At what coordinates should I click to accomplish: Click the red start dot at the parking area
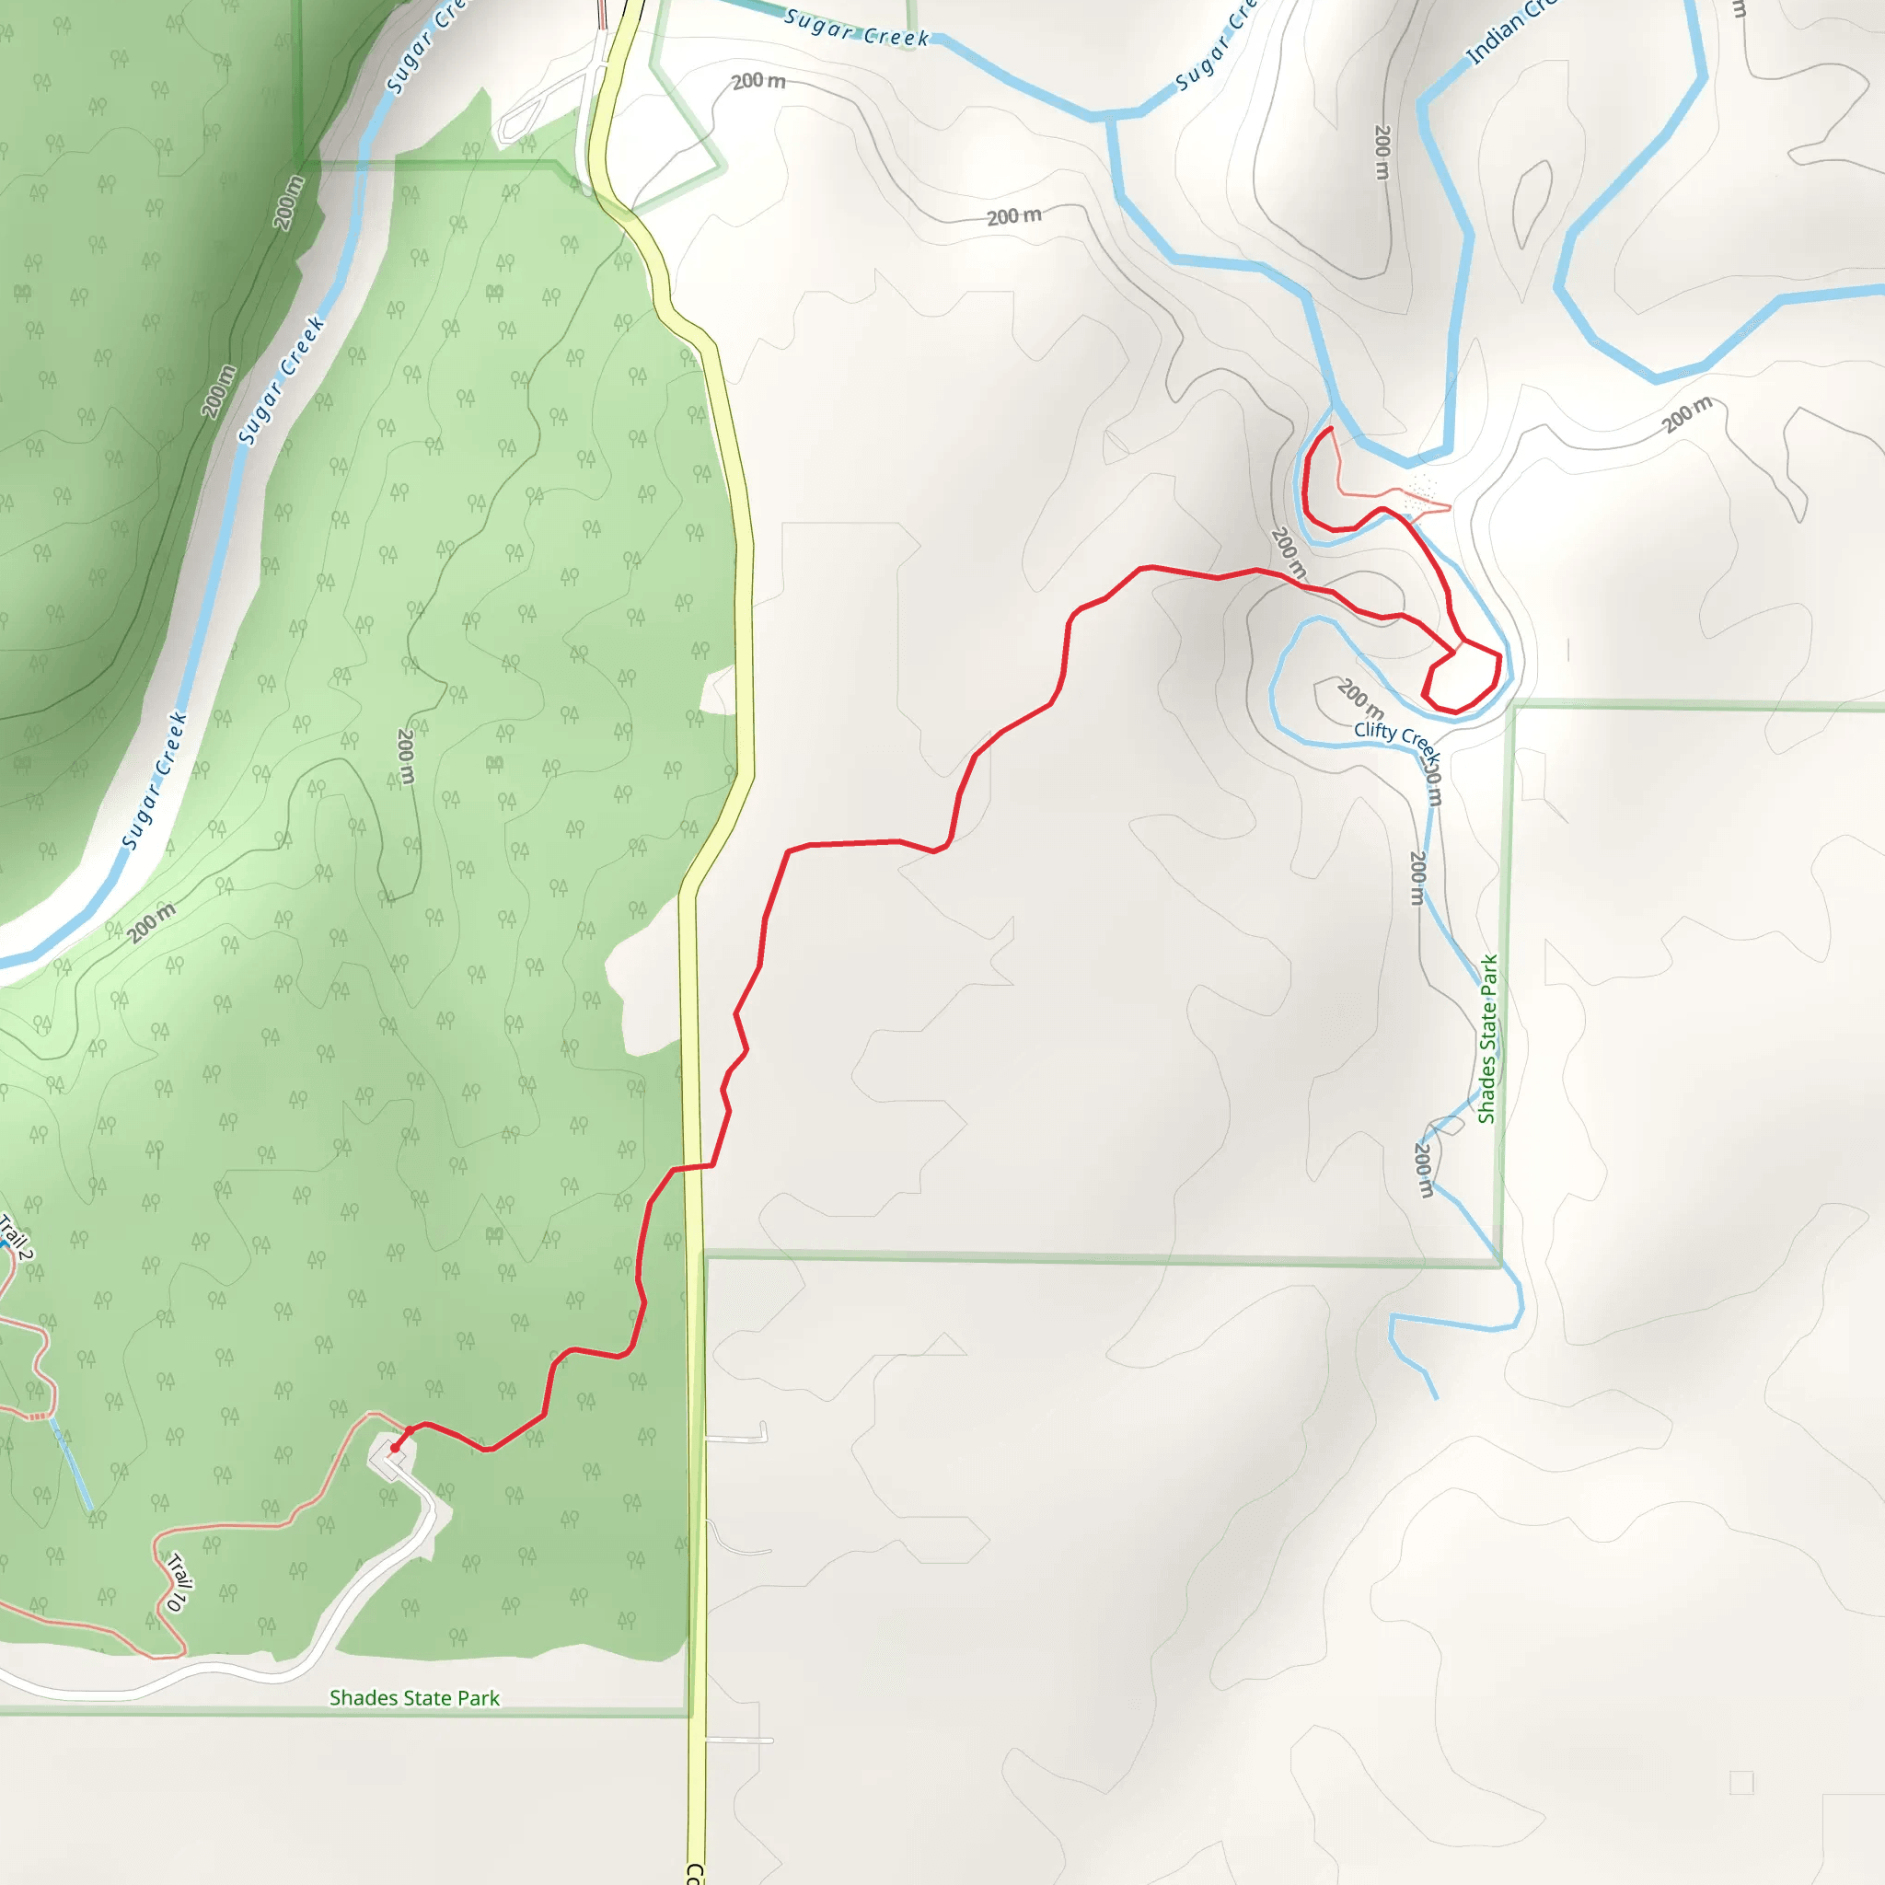coord(394,1448)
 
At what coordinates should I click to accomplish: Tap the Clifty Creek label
coord(1396,737)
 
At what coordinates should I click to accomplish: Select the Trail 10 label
coord(176,1581)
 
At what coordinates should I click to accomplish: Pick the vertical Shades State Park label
coord(1487,1039)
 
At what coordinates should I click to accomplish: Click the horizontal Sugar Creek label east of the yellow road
coord(857,29)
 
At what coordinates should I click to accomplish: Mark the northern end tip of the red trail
coord(1331,428)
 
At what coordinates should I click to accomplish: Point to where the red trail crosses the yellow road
coord(692,1166)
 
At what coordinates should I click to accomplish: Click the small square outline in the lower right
coord(1741,1783)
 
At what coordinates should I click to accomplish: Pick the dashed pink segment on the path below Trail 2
coord(37,1416)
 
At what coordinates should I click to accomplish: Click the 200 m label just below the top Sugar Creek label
coord(758,81)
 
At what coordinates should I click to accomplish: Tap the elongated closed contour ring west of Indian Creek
coord(1532,204)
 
